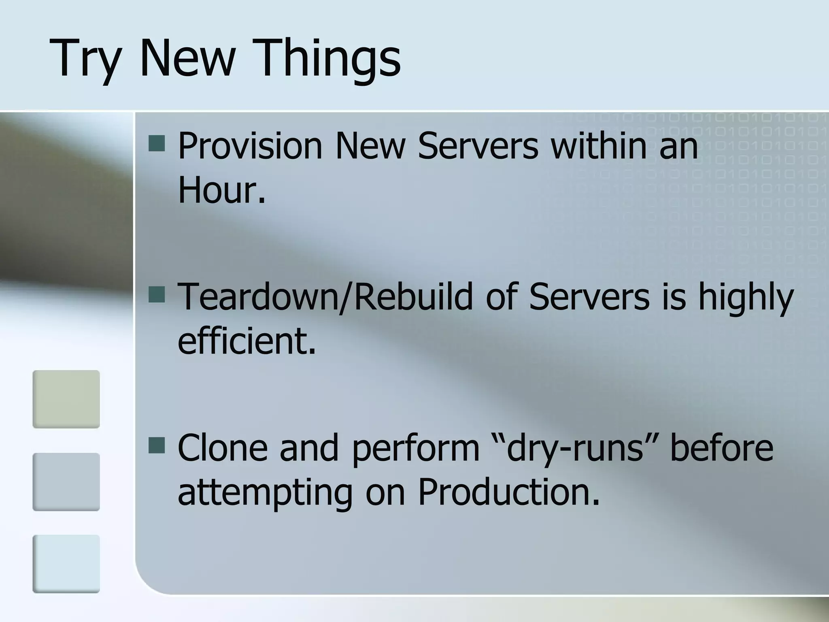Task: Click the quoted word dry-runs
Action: pos(574,449)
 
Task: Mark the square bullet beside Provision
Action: pos(157,144)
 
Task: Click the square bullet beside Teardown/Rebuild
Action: pos(157,295)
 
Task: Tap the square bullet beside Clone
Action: pos(157,445)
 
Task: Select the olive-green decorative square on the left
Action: pos(66,399)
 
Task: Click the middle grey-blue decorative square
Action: pos(66,481)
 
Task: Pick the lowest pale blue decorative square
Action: pos(66,564)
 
